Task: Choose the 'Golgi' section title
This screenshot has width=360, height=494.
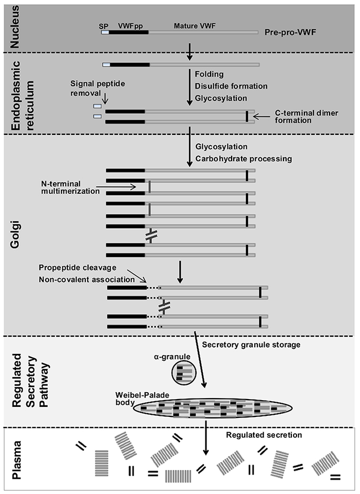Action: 16,234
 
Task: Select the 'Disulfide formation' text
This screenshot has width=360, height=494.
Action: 231,85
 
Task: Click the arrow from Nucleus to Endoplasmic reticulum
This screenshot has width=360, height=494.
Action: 190,51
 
